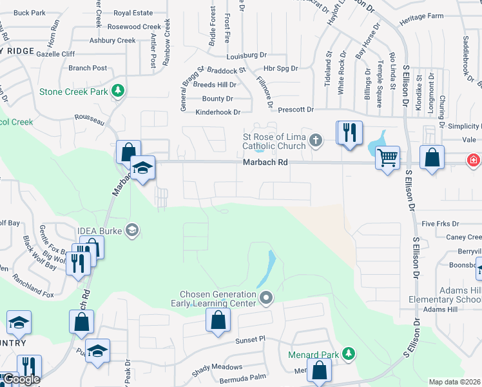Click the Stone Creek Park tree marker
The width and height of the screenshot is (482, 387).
[118, 91]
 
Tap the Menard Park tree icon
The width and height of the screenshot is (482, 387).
[348, 353]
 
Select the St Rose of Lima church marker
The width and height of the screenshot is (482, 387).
[316, 140]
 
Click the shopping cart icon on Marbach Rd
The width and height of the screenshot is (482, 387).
[387, 157]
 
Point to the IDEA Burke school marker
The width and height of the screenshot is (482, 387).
[132, 230]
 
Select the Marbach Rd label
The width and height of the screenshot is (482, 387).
[265, 163]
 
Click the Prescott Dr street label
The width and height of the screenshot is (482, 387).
[296, 110]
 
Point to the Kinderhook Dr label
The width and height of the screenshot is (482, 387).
[218, 112]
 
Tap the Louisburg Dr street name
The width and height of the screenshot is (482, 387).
[246, 55]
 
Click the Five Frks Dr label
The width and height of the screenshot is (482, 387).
[439, 224]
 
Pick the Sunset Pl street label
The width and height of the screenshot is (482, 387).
[250, 339]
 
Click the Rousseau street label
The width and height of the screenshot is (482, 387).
[88, 116]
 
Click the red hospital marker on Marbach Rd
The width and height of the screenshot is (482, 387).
[474, 158]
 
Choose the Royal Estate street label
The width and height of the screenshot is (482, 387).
[133, 13]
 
